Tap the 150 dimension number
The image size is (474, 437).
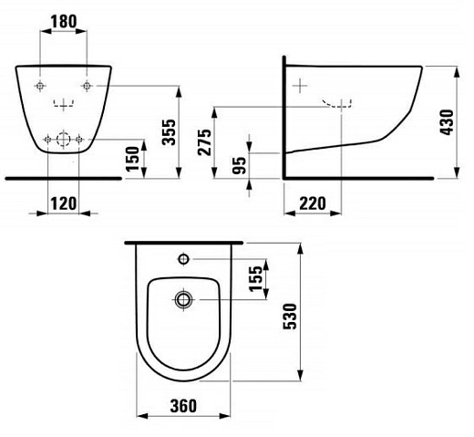[x=132, y=158]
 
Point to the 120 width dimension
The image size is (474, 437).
[x=63, y=203]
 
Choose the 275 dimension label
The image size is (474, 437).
[x=204, y=142]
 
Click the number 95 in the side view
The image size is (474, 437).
[x=239, y=165]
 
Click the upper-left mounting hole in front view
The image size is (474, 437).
[x=40, y=86]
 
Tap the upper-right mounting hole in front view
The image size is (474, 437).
[x=87, y=86]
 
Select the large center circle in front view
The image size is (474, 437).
[x=64, y=140]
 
